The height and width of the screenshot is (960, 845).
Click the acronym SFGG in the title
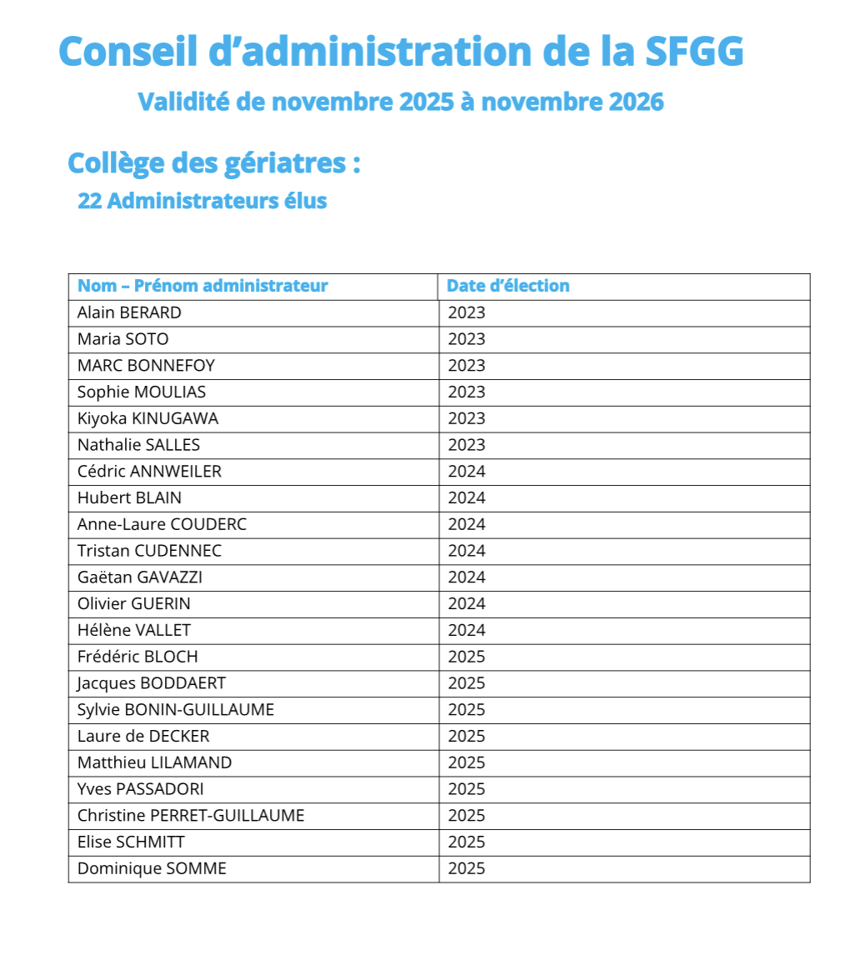pyautogui.click(x=694, y=52)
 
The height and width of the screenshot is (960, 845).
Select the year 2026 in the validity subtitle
pyautogui.click(x=636, y=102)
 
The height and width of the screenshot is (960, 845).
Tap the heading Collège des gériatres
pyautogui.click(x=213, y=162)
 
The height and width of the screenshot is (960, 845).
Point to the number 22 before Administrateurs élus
pyautogui.click(x=89, y=202)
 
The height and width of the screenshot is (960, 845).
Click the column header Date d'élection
pyautogui.click(x=507, y=286)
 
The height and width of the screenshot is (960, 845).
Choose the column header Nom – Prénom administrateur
pyautogui.click(x=202, y=286)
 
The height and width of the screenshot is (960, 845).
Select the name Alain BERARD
pyautogui.click(x=129, y=313)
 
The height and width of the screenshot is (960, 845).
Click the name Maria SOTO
pyautogui.click(x=122, y=339)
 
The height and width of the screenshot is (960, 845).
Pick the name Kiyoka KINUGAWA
pyautogui.click(x=147, y=418)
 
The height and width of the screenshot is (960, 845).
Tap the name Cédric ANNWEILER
pyautogui.click(x=149, y=472)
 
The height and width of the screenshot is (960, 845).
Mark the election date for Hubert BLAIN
pyautogui.click(x=467, y=498)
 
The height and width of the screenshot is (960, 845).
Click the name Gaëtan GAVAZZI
pyautogui.click(x=140, y=577)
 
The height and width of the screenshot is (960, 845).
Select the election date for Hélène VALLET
pyautogui.click(x=467, y=631)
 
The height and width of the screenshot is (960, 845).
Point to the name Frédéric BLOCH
pyautogui.click(x=137, y=657)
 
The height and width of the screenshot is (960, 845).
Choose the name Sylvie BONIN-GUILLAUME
pyautogui.click(x=175, y=710)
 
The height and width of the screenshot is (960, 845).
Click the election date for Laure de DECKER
pyautogui.click(x=467, y=737)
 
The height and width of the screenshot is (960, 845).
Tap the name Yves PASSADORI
pyautogui.click(x=140, y=789)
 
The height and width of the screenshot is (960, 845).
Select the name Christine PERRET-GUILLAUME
pyautogui.click(x=191, y=816)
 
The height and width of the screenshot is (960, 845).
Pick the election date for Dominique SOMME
pyautogui.click(x=467, y=869)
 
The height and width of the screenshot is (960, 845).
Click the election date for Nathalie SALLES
pyautogui.click(x=467, y=445)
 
